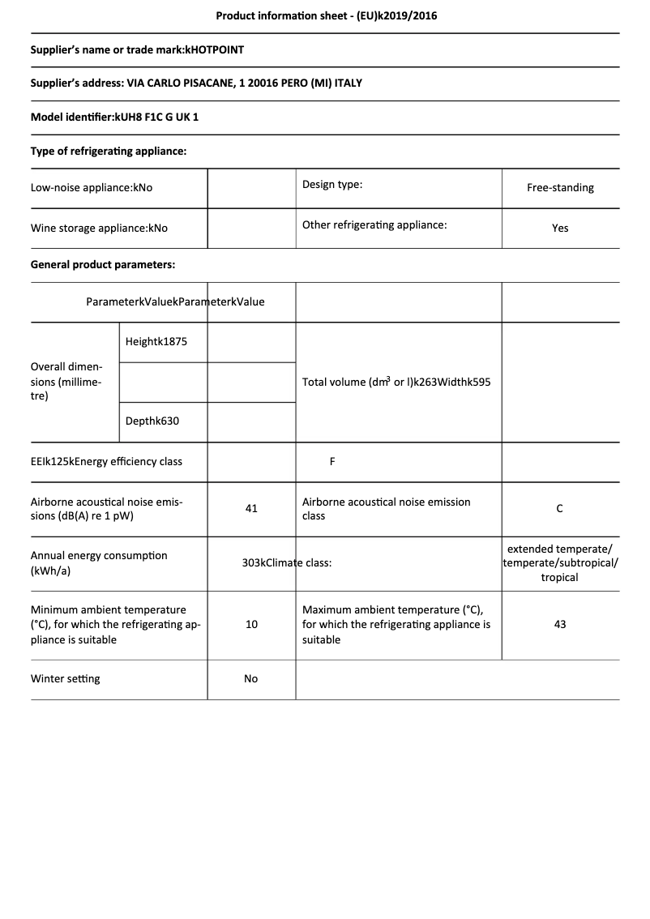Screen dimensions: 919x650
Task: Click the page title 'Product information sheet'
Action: point(327,15)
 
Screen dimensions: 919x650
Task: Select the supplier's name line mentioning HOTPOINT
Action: point(137,49)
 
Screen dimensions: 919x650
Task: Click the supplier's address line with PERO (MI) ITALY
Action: point(196,83)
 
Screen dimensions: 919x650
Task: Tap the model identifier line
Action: point(114,117)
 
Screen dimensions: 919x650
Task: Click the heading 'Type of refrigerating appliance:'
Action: point(109,151)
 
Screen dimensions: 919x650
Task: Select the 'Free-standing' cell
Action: point(560,188)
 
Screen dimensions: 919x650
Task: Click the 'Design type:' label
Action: point(332,185)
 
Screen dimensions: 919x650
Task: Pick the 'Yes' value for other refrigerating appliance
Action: point(560,229)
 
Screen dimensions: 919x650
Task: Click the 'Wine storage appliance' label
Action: point(99,229)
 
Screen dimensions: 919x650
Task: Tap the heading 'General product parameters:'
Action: point(103,264)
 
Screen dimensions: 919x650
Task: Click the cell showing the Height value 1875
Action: point(156,342)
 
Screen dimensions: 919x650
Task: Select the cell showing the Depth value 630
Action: point(152,421)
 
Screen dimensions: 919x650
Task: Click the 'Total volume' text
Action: point(396,382)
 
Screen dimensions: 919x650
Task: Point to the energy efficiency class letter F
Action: point(332,462)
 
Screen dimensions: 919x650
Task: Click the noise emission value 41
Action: point(251,509)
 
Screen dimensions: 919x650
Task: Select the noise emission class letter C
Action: point(560,509)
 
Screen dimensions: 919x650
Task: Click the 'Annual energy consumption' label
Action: point(99,563)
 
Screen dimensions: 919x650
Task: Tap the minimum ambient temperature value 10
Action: point(251,625)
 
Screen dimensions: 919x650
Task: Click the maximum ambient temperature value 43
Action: point(560,625)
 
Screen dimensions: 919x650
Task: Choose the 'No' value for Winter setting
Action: point(251,679)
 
